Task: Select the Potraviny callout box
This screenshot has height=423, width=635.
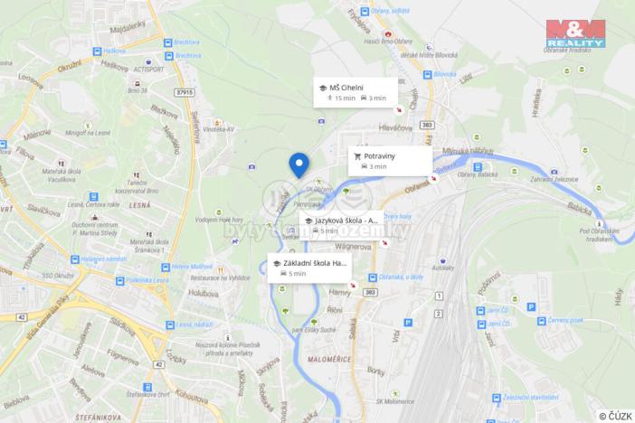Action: pyautogui.click(x=391, y=160)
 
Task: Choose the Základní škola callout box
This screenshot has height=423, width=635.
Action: pyautogui.click(x=308, y=268)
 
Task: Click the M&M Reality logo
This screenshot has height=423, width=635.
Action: pyautogui.click(x=574, y=33)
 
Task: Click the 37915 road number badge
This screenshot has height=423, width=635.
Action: pyautogui.click(x=186, y=91)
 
